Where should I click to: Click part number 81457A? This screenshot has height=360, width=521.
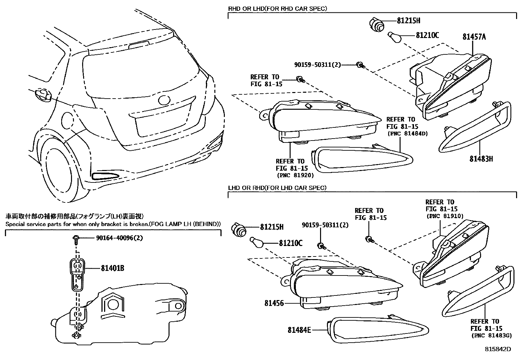tap(474, 37)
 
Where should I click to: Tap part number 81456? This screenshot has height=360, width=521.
tap(274, 303)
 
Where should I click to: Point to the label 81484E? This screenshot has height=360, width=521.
tap(299, 330)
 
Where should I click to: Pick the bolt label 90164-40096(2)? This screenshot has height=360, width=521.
tap(119, 238)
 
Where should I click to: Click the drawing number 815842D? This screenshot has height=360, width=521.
tap(498, 350)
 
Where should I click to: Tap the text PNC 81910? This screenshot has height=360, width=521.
tap(445, 216)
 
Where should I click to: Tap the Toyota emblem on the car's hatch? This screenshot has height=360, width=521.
tap(163, 100)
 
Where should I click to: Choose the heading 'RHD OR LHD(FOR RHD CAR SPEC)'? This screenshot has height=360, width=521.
tap(277, 9)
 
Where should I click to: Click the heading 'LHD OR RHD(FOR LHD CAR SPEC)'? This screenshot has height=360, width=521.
tap(277, 188)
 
